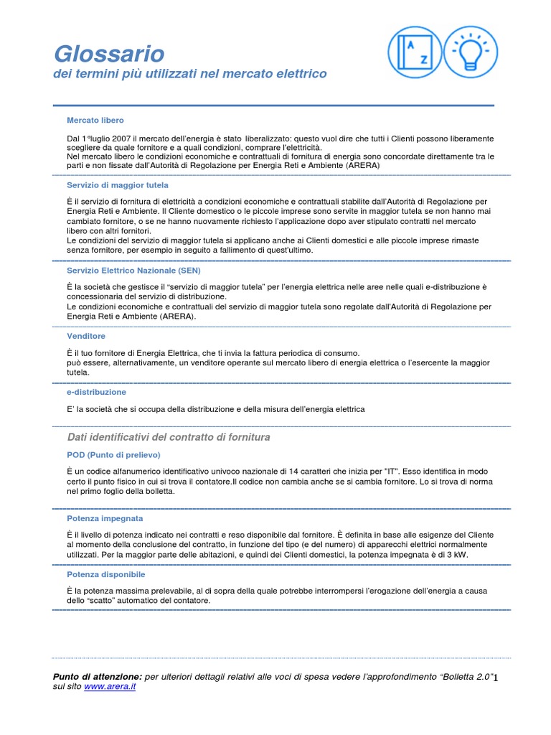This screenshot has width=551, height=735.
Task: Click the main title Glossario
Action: click(x=109, y=54)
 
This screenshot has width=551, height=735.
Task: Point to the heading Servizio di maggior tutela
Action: click(x=118, y=185)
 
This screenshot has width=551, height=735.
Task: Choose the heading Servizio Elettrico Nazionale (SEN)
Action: click(x=133, y=271)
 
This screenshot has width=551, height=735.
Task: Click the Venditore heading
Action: click(x=86, y=336)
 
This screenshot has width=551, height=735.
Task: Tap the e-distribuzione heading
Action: click(x=96, y=393)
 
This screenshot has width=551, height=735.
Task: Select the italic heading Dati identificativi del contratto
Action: click(x=169, y=437)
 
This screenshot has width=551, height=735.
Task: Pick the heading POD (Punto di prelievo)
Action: click(x=113, y=455)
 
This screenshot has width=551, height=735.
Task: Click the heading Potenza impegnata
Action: click(x=105, y=518)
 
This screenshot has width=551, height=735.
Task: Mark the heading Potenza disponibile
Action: click(x=106, y=575)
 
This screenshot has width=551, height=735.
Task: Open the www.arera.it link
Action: click(x=110, y=687)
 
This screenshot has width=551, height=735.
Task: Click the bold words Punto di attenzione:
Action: click(x=98, y=677)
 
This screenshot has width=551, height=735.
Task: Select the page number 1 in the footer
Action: click(x=495, y=678)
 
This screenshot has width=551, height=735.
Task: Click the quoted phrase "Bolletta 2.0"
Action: click(x=466, y=677)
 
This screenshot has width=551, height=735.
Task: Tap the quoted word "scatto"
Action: click(x=105, y=600)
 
